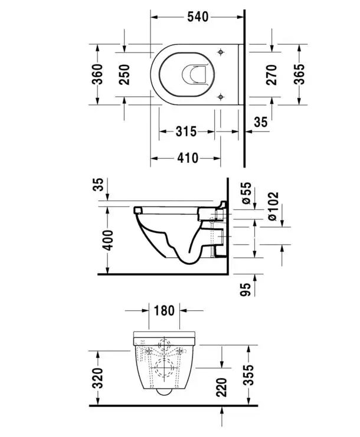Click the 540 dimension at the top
pyautogui.click(x=198, y=17)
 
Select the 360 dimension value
pyautogui.click(x=98, y=74)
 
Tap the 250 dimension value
pyautogui.click(x=125, y=75)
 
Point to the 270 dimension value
pyautogui.click(x=271, y=75)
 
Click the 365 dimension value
pyautogui.click(x=299, y=74)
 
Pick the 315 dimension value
pyautogui.click(x=186, y=132)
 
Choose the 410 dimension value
pyautogui.click(x=188, y=158)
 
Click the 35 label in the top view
pyautogui.click(x=261, y=122)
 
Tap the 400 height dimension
pyautogui.click(x=108, y=240)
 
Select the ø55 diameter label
pyautogui.click(x=247, y=193)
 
